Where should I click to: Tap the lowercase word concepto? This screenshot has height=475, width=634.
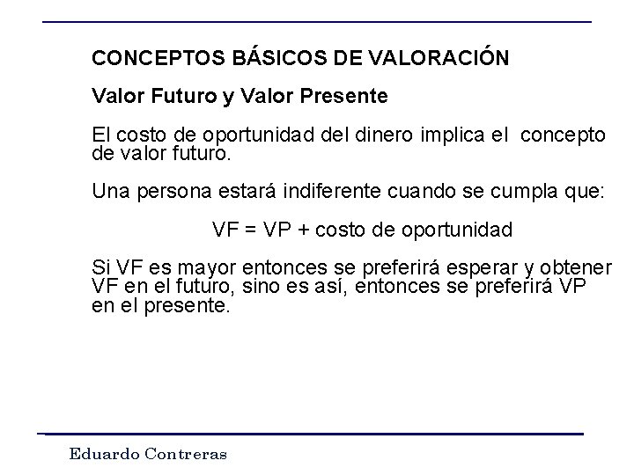564,136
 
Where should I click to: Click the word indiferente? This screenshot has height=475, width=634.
329,192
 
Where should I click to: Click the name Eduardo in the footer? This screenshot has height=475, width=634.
103,455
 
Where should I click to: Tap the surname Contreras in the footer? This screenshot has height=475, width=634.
187,455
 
